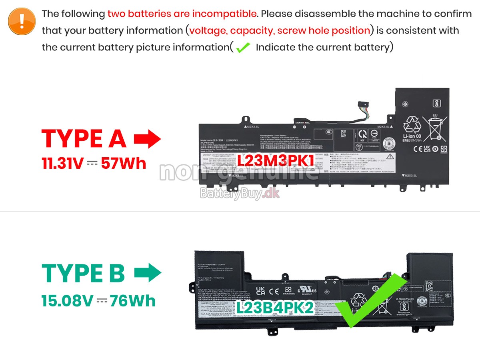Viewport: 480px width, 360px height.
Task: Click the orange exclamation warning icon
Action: click(x=22, y=20)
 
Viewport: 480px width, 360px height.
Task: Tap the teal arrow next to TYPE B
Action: click(x=148, y=273)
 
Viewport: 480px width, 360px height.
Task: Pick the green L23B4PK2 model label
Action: click(x=274, y=308)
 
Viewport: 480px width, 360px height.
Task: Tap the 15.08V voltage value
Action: click(x=67, y=301)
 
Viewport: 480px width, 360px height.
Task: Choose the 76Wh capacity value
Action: click(x=133, y=301)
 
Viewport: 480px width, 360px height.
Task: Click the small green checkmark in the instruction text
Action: click(x=243, y=48)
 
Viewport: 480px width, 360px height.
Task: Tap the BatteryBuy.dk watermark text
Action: click(x=240, y=194)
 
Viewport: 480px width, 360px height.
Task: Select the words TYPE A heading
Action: click(x=84, y=139)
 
